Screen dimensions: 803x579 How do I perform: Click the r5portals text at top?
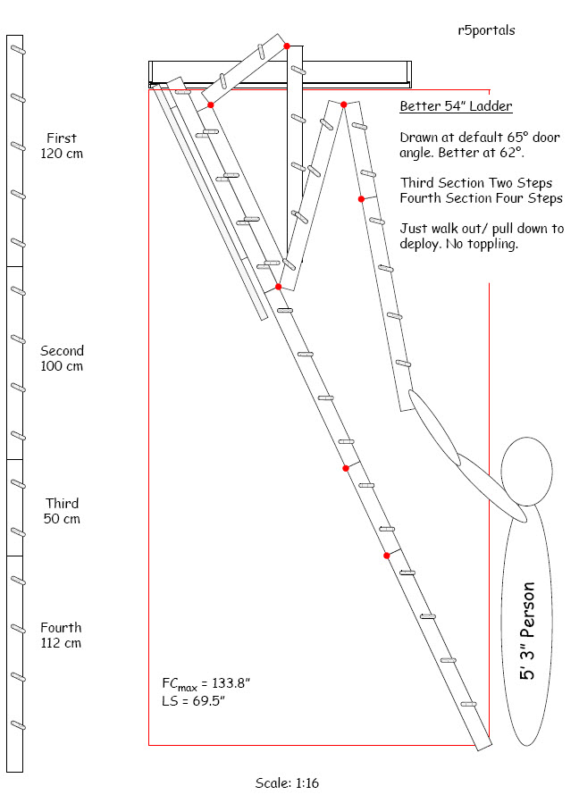pyautogui.click(x=485, y=30)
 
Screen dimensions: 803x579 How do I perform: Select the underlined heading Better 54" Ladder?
pyautogui.click(x=456, y=107)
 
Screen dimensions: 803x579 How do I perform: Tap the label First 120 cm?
pyautogui.click(x=62, y=146)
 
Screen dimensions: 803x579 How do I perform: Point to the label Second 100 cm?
pyautogui.click(x=62, y=358)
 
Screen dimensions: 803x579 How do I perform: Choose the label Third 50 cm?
pyautogui.click(x=62, y=511)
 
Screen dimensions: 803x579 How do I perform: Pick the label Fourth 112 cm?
pyautogui.click(x=61, y=635)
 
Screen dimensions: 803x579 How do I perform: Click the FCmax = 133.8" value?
pyautogui.click(x=206, y=683)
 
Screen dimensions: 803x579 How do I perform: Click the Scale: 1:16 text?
pyautogui.click(x=287, y=783)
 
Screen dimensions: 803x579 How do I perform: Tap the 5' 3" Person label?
pyautogui.click(x=529, y=631)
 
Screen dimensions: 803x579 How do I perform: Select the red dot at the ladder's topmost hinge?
pyautogui.click(x=287, y=45)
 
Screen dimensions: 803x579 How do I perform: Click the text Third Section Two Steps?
pyautogui.click(x=476, y=183)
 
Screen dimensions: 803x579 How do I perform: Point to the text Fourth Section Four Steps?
pyautogui.click(x=482, y=198)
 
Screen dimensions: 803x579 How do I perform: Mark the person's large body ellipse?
pyautogui.click(x=529, y=625)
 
